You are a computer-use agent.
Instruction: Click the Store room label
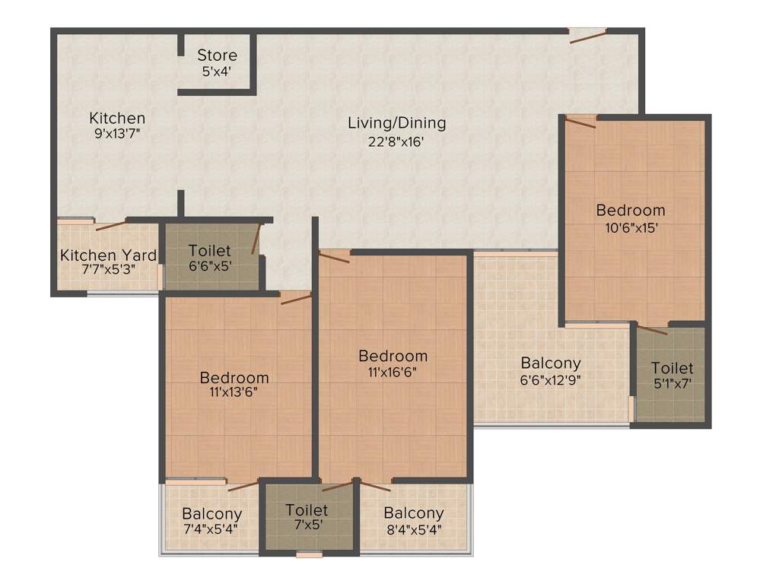[217, 56]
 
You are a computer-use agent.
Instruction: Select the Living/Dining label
[396, 122]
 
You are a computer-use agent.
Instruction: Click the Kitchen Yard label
[108, 255]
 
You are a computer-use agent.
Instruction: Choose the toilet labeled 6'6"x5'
[210, 258]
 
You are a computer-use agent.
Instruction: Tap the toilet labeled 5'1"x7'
[672, 376]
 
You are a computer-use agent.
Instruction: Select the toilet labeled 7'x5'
[307, 517]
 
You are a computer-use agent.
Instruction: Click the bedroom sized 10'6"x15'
[630, 217]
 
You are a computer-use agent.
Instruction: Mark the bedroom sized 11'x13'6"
[234, 385]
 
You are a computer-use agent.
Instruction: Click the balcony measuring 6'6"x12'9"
[550, 371]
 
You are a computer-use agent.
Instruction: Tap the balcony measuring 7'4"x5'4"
[211, 522]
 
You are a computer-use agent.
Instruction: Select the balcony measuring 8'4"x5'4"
[413, 522]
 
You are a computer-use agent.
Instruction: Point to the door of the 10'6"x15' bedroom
[580, 122]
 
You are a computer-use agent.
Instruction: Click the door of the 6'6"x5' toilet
[257, 237]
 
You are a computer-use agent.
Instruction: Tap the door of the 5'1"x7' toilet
[652, 330]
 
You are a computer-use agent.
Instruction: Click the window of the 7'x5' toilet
[310, 555]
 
